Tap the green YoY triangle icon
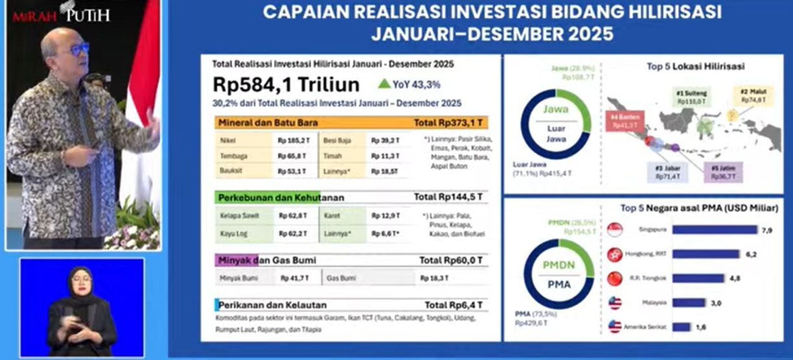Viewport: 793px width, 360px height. point(384,84)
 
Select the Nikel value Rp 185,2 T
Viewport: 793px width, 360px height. point(292,139)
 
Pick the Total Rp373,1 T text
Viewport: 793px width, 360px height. point(450,122)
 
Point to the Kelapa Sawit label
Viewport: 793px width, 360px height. point(238,216)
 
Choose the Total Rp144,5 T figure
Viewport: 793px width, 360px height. point(450,197)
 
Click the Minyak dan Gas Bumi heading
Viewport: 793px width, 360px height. point(267,260)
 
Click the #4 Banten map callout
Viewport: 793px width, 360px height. point(625,121)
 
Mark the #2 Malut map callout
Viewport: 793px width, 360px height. point(754,96)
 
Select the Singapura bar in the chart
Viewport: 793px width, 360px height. point(714,229)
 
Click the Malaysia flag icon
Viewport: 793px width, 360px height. point(615,303)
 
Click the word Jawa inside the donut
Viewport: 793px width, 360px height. point(555,110)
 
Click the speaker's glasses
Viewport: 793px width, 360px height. point(78,49)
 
